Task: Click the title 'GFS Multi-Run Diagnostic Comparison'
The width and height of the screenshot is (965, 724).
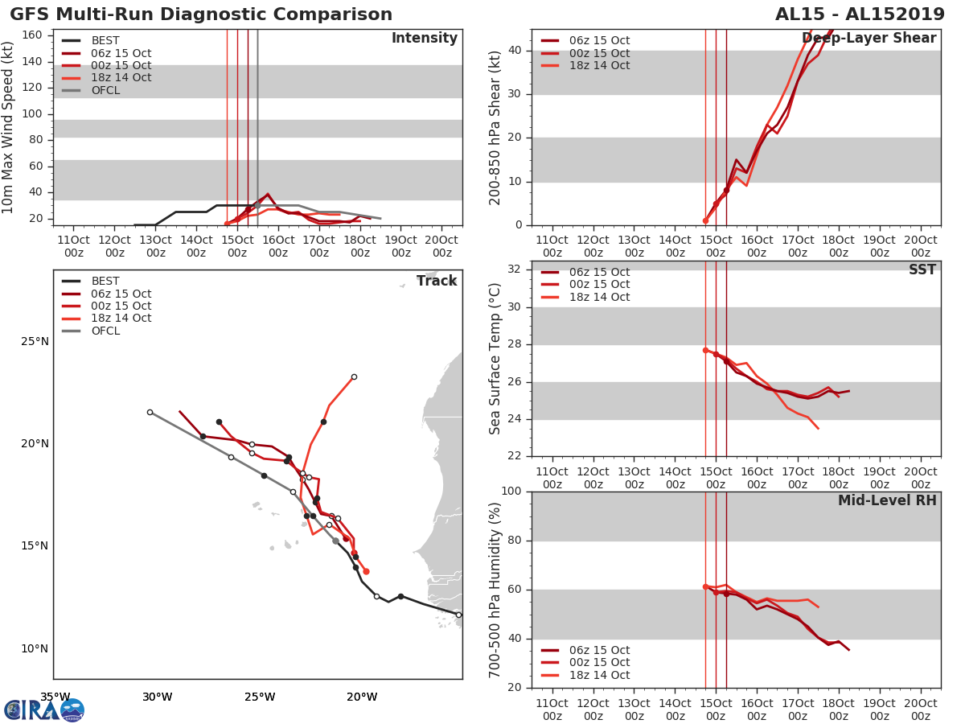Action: point(201,14)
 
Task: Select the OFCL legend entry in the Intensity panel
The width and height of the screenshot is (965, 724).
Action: point(105,90)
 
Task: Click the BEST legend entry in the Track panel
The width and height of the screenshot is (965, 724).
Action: point(105,282)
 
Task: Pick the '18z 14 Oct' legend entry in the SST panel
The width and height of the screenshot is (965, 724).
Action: point(599,297)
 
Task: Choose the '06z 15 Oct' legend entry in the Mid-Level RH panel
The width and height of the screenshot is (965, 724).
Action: point(599,650)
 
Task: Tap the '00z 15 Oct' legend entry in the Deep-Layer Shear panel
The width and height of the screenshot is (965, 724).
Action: point(599,53)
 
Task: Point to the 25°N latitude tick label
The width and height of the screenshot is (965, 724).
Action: point(35,341)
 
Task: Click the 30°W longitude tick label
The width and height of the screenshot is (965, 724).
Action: point(157,697)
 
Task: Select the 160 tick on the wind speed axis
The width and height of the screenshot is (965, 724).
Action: point(32,35)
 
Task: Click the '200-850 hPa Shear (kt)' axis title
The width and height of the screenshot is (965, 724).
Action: point(496,127)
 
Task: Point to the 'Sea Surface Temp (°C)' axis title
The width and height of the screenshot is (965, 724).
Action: point(496,359)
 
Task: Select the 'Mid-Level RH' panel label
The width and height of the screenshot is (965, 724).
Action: point(886,501)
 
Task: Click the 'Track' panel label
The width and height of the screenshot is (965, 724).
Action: point(436,281)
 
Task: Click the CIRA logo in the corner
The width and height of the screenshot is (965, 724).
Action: point(44,710)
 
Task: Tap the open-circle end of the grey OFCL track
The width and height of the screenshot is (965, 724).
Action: point(150,412)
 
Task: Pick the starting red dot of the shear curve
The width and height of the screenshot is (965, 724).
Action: point(705,220)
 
